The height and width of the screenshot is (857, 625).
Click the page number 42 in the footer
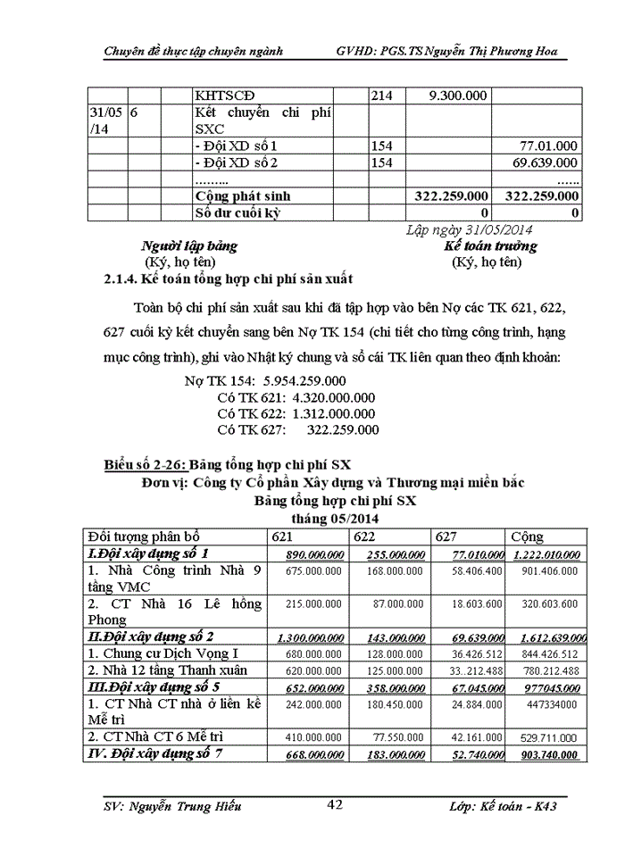pyautogui.click(x=335, y=805)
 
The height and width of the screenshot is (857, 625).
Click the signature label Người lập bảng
pyautogui.click(x=189, y=245)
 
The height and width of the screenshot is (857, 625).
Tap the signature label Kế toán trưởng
pyautogui.click(x=490, y=245)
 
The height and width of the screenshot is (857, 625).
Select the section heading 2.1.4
pyautogui.click(x=229, y=279)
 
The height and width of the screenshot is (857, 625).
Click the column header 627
pyautogui.click(x=446, y=537)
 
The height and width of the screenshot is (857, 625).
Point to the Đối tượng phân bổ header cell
pyautogui.click(x=143, y=537)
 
